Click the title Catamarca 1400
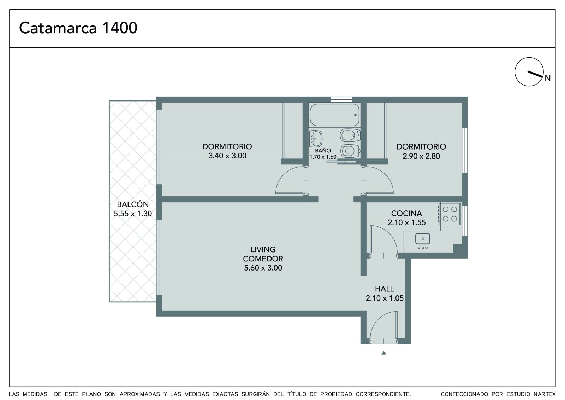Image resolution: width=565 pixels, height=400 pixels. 78,28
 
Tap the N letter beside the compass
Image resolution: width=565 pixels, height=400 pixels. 548,78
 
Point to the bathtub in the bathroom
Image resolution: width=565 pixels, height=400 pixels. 334,115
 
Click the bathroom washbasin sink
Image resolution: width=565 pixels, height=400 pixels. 316,139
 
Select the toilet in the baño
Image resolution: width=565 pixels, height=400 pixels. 350,151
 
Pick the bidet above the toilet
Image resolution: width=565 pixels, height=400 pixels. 350,135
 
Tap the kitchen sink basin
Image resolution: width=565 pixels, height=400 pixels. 423,239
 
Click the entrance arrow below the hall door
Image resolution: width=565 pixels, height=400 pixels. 383,353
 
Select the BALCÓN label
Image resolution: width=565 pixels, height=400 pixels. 133,204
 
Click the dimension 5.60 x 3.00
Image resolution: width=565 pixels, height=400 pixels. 263,268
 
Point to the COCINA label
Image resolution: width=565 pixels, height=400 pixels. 406,214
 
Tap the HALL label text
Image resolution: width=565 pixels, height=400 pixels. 385,289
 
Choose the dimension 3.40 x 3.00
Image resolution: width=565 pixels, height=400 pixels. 227,156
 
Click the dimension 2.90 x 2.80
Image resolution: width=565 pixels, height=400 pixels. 421,156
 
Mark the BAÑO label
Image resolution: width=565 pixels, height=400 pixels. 323,151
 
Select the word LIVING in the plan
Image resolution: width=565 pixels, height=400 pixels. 263,250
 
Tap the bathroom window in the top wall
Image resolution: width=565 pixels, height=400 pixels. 341,99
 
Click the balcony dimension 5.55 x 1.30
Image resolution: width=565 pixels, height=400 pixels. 133,214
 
